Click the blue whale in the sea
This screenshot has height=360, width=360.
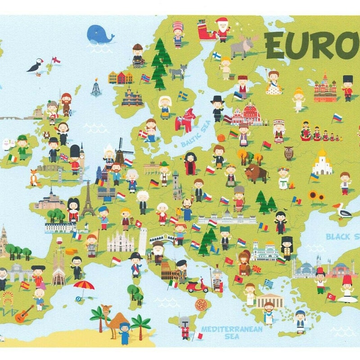coord(100,34)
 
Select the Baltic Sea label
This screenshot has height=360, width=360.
coord(196,136)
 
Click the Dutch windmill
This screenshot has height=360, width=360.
coord(120,151)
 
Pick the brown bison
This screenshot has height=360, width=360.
coord(256,173)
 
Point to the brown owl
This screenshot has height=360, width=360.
coord(288,153)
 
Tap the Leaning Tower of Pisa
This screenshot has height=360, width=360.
coord(143,241)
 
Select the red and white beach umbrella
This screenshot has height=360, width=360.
coord(84,286)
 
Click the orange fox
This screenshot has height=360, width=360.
coord(34,178)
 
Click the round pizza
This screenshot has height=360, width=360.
coord(201,305)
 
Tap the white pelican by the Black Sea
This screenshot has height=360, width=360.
coord(343,211)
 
